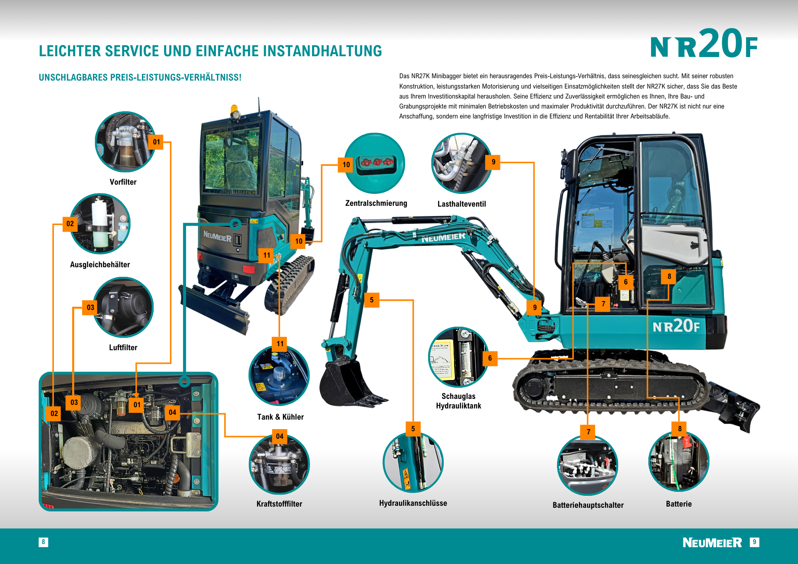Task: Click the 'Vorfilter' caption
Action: point(123,182)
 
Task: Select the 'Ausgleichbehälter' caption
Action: point(100,264)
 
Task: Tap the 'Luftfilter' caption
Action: point(123,347)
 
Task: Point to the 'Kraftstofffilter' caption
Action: point(279,504)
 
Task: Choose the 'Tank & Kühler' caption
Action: point(280,417)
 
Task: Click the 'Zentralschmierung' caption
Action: point(376,203)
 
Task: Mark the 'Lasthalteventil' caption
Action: point(462,204)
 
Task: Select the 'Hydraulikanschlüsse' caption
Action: point(413,503)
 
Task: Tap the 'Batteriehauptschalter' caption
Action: point(588,505)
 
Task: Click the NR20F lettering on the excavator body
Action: point(676,326)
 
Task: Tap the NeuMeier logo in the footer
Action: point(712,542)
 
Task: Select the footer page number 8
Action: point(43,542)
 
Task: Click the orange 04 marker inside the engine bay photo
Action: point(172,412)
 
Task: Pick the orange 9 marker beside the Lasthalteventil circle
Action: point(493,162)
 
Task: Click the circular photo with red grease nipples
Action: point(375,163)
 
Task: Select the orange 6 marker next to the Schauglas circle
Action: point(490,358)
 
